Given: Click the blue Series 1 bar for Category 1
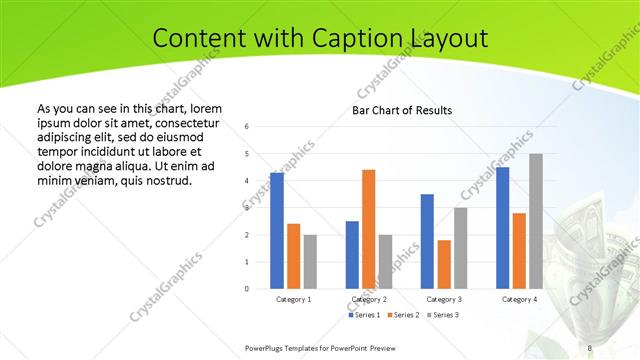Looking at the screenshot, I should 277,231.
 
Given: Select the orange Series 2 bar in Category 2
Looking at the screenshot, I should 368,229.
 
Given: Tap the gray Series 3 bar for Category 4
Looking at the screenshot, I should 536,221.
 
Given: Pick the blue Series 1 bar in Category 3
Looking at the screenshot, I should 427,241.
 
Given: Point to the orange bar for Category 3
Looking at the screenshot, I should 444,264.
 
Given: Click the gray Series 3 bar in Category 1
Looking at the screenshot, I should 310,262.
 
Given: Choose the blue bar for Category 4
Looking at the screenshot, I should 502,228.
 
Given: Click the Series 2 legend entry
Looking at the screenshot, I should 404,315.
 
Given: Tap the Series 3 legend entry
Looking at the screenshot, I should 443,315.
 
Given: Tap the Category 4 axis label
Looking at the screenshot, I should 519,299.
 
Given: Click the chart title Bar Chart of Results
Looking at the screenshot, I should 402,110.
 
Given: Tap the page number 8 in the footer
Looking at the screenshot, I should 590,347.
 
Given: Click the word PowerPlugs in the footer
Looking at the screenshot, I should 267,347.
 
